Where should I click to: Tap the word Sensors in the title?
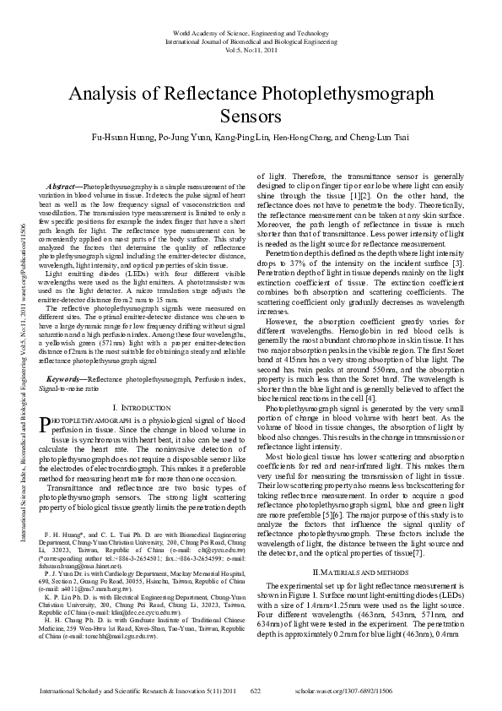(x=251, y=116)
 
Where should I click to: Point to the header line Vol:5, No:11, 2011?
(x=251, y=50)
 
